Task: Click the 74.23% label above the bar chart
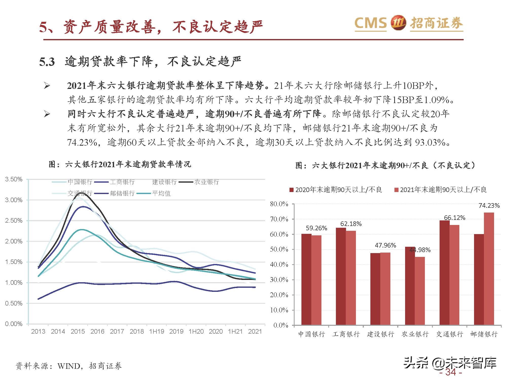coord(489,206)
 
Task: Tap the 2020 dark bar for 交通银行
coord(444,273)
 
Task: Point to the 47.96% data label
coord(385,245)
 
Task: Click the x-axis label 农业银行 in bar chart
coord(415,334)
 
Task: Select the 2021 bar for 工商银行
coord(351,278)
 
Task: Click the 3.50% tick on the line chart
coord(14,179)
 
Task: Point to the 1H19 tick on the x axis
coord(156,331)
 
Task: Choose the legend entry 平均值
coord(161,193)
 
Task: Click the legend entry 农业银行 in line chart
coord(206,182)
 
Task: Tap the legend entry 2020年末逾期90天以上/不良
coord(336,190)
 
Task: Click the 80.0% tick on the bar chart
coord(279,204)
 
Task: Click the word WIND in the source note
coord(69,366)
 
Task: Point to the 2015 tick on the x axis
coord(78,331)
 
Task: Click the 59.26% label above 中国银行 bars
coord(316,228)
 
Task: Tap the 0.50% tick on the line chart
coord(14,303)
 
